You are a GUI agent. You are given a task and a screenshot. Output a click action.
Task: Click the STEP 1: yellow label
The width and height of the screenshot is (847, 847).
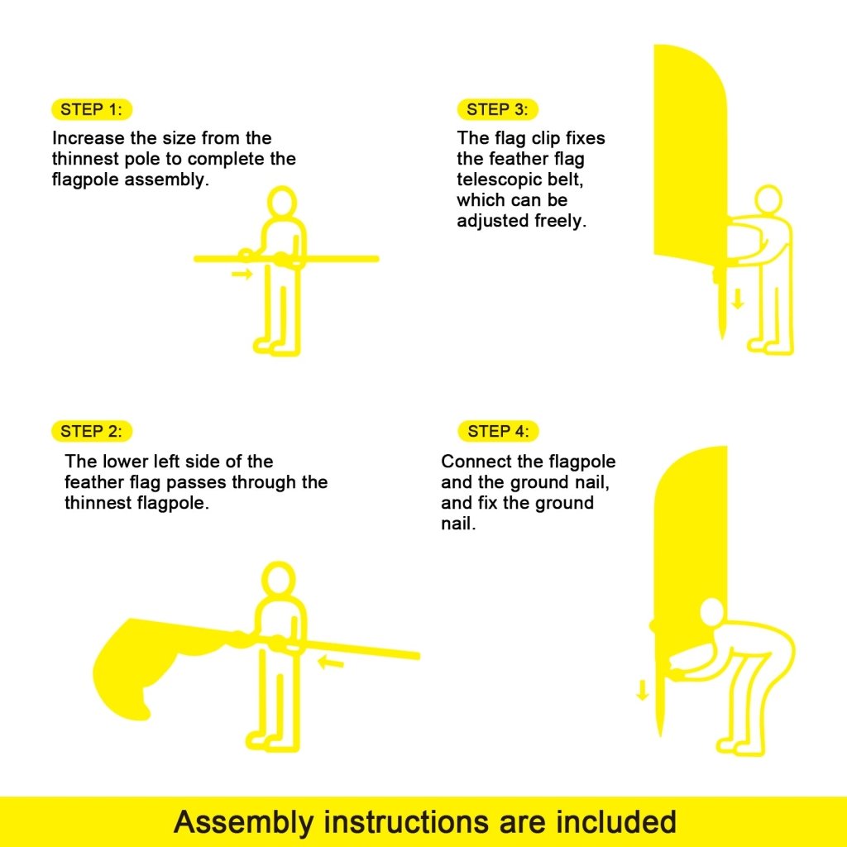pos(91,110)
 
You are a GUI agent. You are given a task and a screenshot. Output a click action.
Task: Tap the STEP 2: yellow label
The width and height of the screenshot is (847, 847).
pos(91,431)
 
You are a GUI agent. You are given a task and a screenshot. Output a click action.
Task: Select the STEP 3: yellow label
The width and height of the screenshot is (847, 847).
pos(496,110)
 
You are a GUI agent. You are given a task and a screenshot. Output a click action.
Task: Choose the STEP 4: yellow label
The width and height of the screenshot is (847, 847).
pos(496,431)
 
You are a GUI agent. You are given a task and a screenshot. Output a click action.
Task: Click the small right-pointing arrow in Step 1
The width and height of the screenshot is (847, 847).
pos(242,274)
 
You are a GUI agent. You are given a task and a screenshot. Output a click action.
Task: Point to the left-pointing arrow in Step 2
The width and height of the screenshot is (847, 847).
pos(331,661)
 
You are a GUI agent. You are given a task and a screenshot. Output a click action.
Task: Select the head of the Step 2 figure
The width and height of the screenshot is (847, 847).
pos(278,581)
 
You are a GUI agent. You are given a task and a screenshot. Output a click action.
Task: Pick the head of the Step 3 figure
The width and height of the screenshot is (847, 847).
pos(768,199)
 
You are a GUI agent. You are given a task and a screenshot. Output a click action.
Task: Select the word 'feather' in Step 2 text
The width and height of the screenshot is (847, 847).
pos(94,482)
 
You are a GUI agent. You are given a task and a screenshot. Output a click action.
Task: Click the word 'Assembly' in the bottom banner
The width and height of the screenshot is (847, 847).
pos(244,822)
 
